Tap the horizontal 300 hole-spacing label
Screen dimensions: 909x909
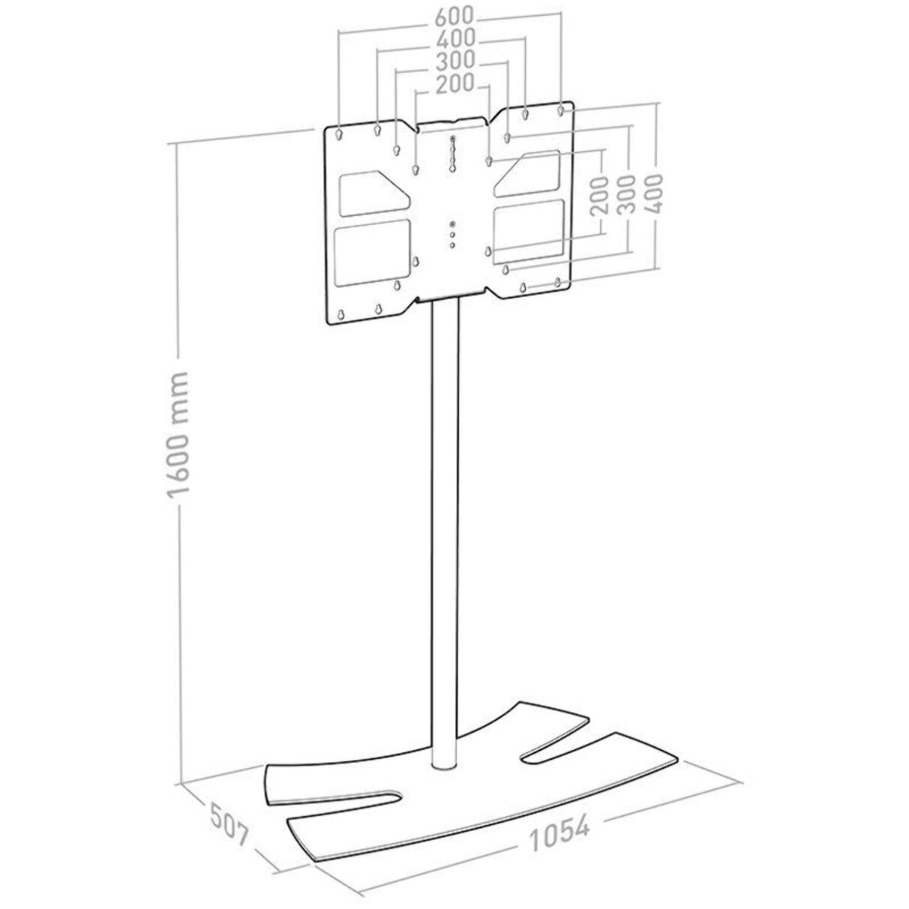452,60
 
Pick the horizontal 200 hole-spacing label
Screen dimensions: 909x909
451,83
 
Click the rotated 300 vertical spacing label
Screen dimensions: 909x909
627,194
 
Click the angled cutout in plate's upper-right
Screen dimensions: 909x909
530,172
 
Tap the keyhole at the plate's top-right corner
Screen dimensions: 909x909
561,111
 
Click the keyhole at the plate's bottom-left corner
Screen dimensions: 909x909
341,315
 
